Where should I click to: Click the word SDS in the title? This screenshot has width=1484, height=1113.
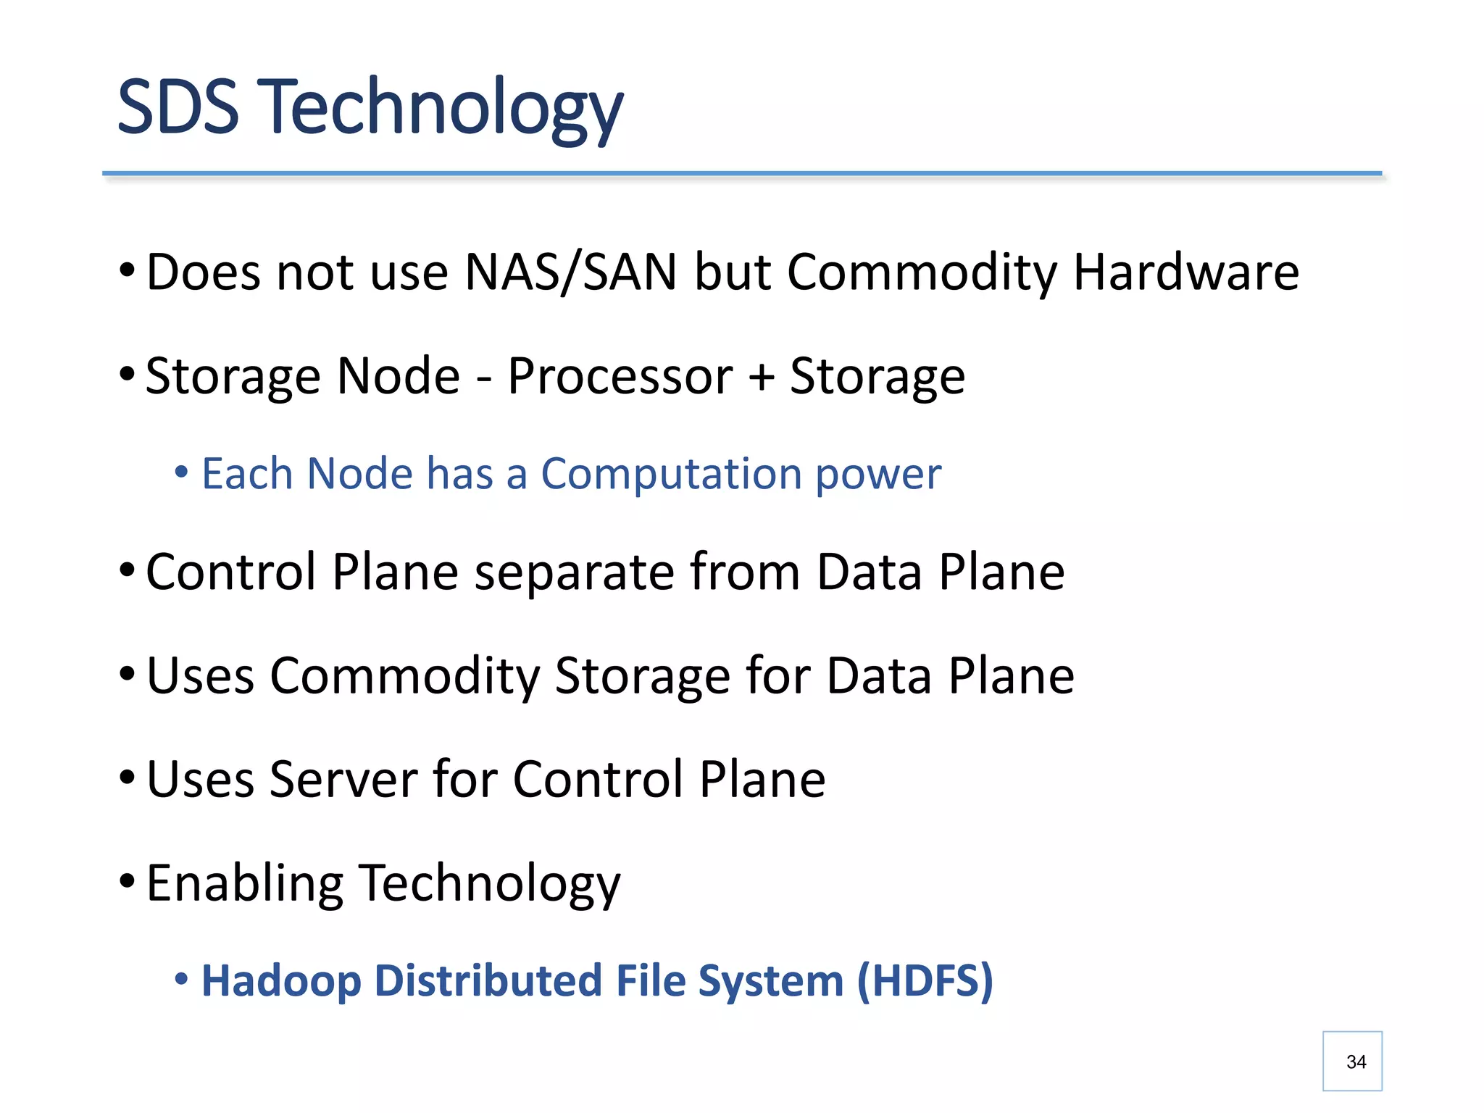click(178, 107)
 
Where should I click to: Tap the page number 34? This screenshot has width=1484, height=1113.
click(1356, 1062)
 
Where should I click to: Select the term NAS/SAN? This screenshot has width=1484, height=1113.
click(570, 272)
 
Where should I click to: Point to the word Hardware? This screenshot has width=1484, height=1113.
click(1186, 272)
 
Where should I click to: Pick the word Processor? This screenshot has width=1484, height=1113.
click(620, 377)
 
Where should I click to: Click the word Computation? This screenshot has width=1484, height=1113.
click(670, 474)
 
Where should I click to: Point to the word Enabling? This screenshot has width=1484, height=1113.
click(244, 884)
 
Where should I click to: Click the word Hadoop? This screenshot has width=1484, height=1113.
click(280, 981)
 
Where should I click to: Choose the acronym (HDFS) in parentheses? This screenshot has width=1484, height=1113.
click(925, 981)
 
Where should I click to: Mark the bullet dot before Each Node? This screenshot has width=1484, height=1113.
click(181, 472)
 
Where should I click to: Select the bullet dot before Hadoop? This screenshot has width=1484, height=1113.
click(181, 980)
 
